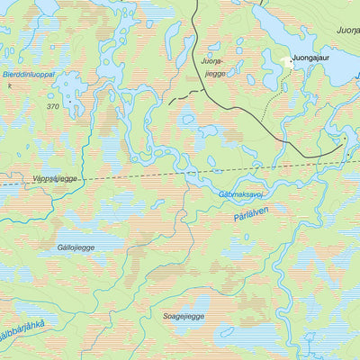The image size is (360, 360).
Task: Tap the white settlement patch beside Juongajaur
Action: (287, 62)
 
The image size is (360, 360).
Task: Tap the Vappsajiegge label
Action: (55, 179)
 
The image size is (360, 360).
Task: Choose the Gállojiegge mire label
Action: (75, 247)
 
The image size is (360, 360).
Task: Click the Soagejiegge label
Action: (184, 317)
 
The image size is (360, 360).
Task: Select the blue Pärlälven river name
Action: (250, 214)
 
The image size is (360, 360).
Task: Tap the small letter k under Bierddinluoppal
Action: (10, 85)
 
